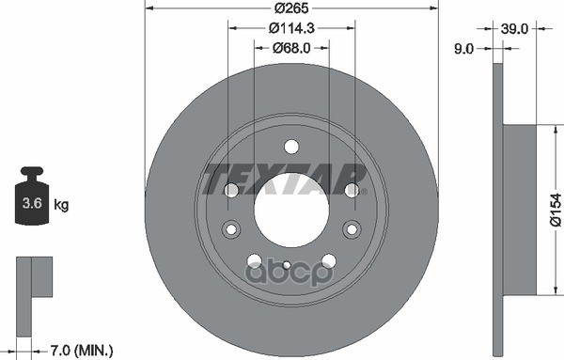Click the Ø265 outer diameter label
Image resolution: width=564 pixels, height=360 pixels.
click(291, 8)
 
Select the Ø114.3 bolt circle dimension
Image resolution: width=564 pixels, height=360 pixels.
click(291, 28)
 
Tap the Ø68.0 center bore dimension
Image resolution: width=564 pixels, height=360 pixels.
click(291, 48)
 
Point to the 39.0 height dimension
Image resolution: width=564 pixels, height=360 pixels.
click(514, 29)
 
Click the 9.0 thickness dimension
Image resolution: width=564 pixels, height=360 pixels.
click(463, 49)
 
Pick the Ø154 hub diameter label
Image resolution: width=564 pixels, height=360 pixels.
click(556, 210)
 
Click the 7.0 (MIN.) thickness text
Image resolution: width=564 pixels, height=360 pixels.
click(81, 350)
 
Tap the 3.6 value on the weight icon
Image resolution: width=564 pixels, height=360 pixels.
click(32, 203)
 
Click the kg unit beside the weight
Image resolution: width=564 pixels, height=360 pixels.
click(61, 205)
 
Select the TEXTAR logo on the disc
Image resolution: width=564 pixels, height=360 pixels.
click(285, 179)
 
